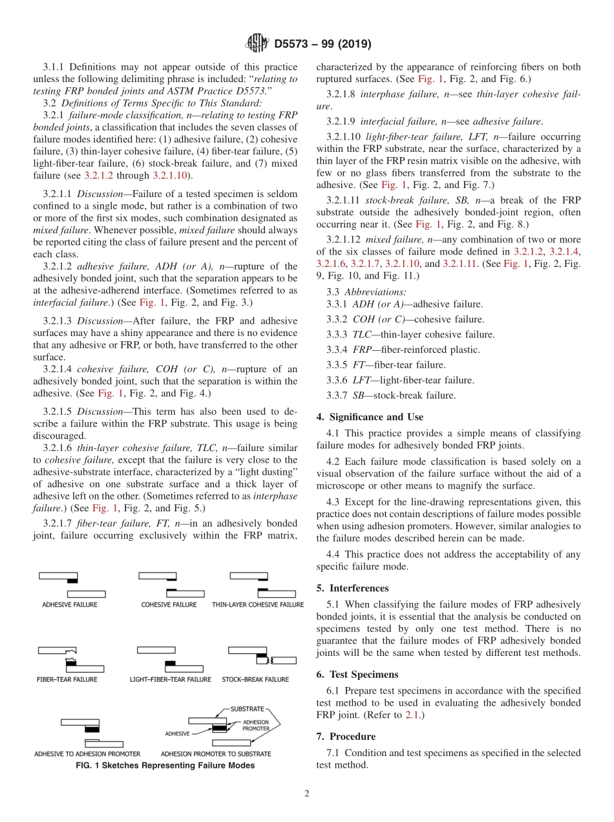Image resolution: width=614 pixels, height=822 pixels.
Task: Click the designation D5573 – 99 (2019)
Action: coord(322,45)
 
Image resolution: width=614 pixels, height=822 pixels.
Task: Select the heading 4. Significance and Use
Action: coord(370,417)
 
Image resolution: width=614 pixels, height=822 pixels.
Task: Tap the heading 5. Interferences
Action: coord(352,588)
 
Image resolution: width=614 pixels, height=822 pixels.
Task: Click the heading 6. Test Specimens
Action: coord(357,675)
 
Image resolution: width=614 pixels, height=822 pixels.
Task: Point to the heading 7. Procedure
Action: coord(346,736)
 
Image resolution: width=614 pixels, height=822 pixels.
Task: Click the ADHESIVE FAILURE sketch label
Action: coord(70,605)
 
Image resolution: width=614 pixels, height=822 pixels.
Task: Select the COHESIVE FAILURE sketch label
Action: coord(169,605)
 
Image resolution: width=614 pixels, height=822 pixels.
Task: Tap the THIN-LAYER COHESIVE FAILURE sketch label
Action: coord(257,605)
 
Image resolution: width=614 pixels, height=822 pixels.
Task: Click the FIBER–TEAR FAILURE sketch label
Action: coord(67,679)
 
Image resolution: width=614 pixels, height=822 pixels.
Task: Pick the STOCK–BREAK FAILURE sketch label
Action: coord(255,679)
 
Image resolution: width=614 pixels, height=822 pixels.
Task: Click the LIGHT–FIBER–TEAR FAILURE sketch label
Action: coord(170,679)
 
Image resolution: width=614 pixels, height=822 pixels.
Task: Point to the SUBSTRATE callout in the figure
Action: coord(247,709)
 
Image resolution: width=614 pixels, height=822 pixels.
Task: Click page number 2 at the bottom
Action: coord(306,794)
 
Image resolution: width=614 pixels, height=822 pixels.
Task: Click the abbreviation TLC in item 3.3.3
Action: coord(362,334)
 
